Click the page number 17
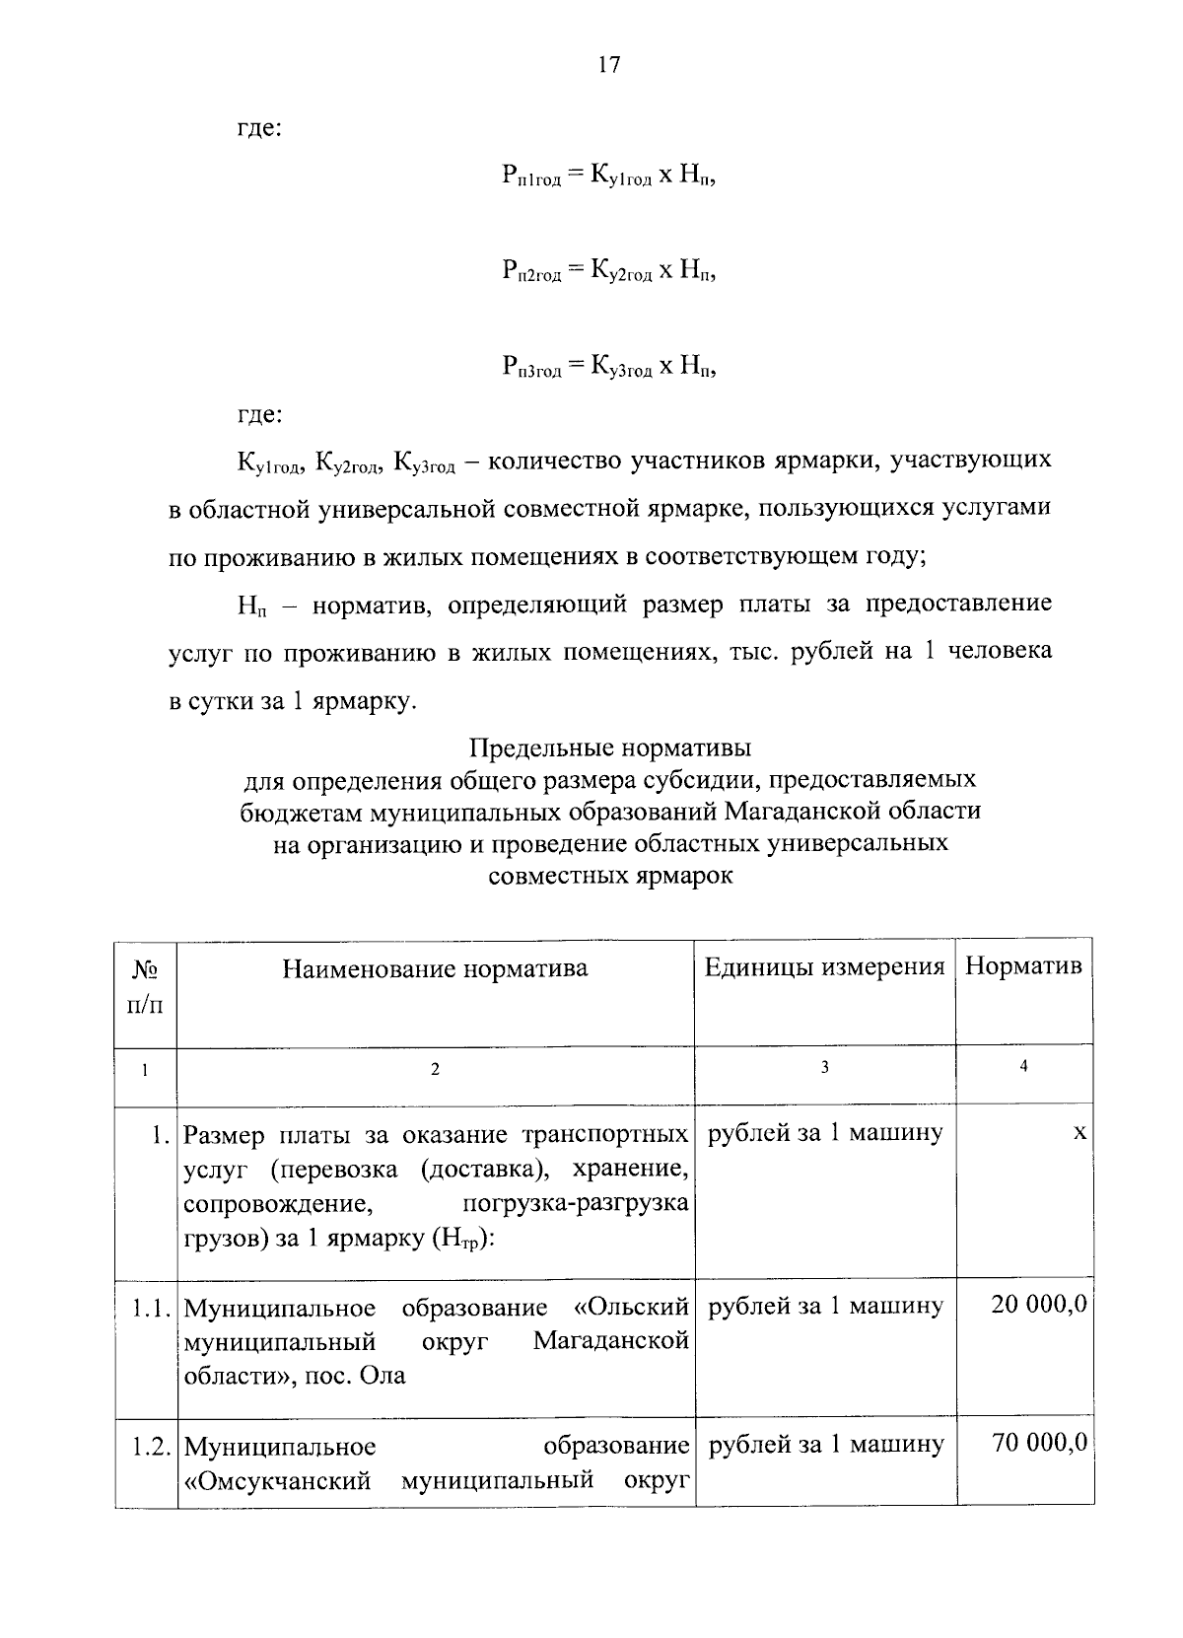coord(608,65)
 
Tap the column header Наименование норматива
coord(435,968)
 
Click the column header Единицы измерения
coord(824,966)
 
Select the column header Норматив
coord(1023,966)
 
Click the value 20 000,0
coord(1039,1306)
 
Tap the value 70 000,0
coord(1039,1444)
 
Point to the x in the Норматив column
coord(1079,1134)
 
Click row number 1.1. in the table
coord(154,1308)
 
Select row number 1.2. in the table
coord(154,1446)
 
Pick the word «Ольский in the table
coord(630,1308)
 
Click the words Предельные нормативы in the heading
coord(610,747)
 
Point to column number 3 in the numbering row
coord(824,1067)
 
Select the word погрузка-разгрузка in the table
coord(575,1204)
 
